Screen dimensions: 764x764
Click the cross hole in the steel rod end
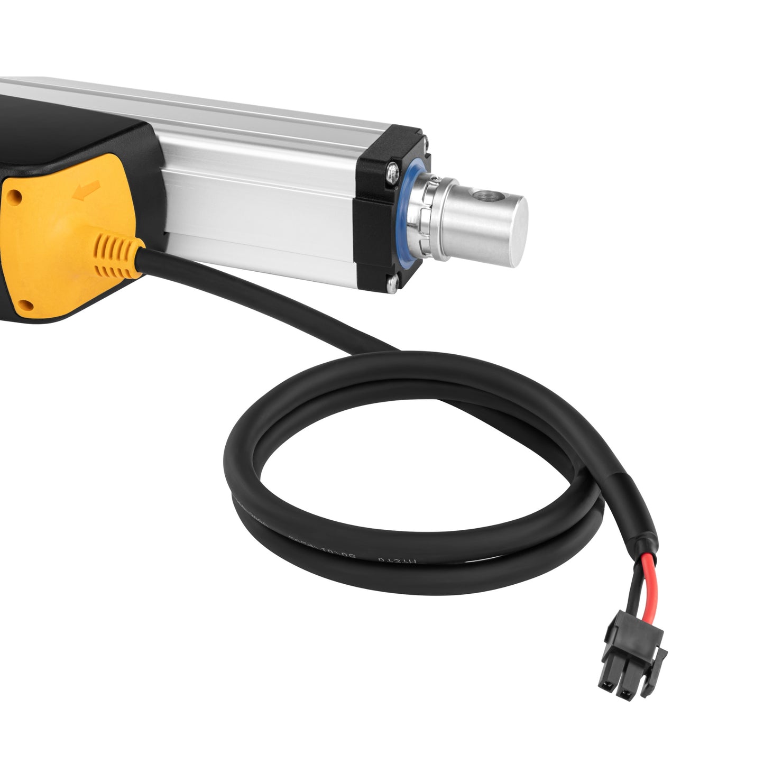tap(483, 197)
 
